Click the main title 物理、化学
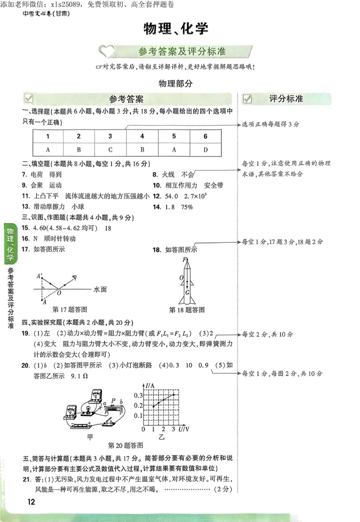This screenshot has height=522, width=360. point(176,29)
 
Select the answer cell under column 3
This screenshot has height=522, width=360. point(110,149)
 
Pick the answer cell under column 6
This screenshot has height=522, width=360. point(205,149)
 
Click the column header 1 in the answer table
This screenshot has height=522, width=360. point(48,136)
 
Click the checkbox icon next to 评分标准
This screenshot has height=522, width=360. point(247,99)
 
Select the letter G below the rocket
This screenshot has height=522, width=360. point(187,292)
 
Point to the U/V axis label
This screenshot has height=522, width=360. point(184,429)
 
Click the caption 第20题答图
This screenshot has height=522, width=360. point(126,445)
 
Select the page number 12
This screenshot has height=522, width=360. point(31,502)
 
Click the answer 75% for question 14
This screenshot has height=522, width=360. point(187,207)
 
